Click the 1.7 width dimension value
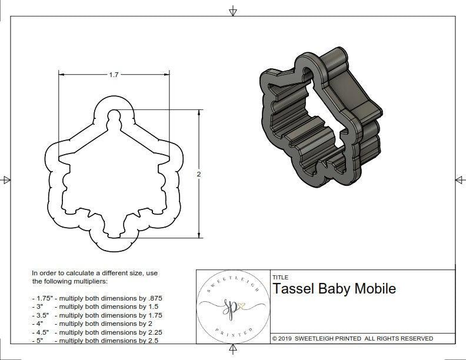click(114, 75)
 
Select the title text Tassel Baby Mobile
click(334, 289)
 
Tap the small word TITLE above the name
click(280, 277)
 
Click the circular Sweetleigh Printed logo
click(232, 307)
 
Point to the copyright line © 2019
click(352, 338)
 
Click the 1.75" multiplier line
click(97, 298)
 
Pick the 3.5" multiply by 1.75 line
click(97, 315)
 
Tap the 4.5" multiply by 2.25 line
click(97, 332)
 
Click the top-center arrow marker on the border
click(233, 11)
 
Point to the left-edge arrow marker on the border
click(6, 179)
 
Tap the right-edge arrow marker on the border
click(459, 179)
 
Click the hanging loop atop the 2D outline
click(114, 113)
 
